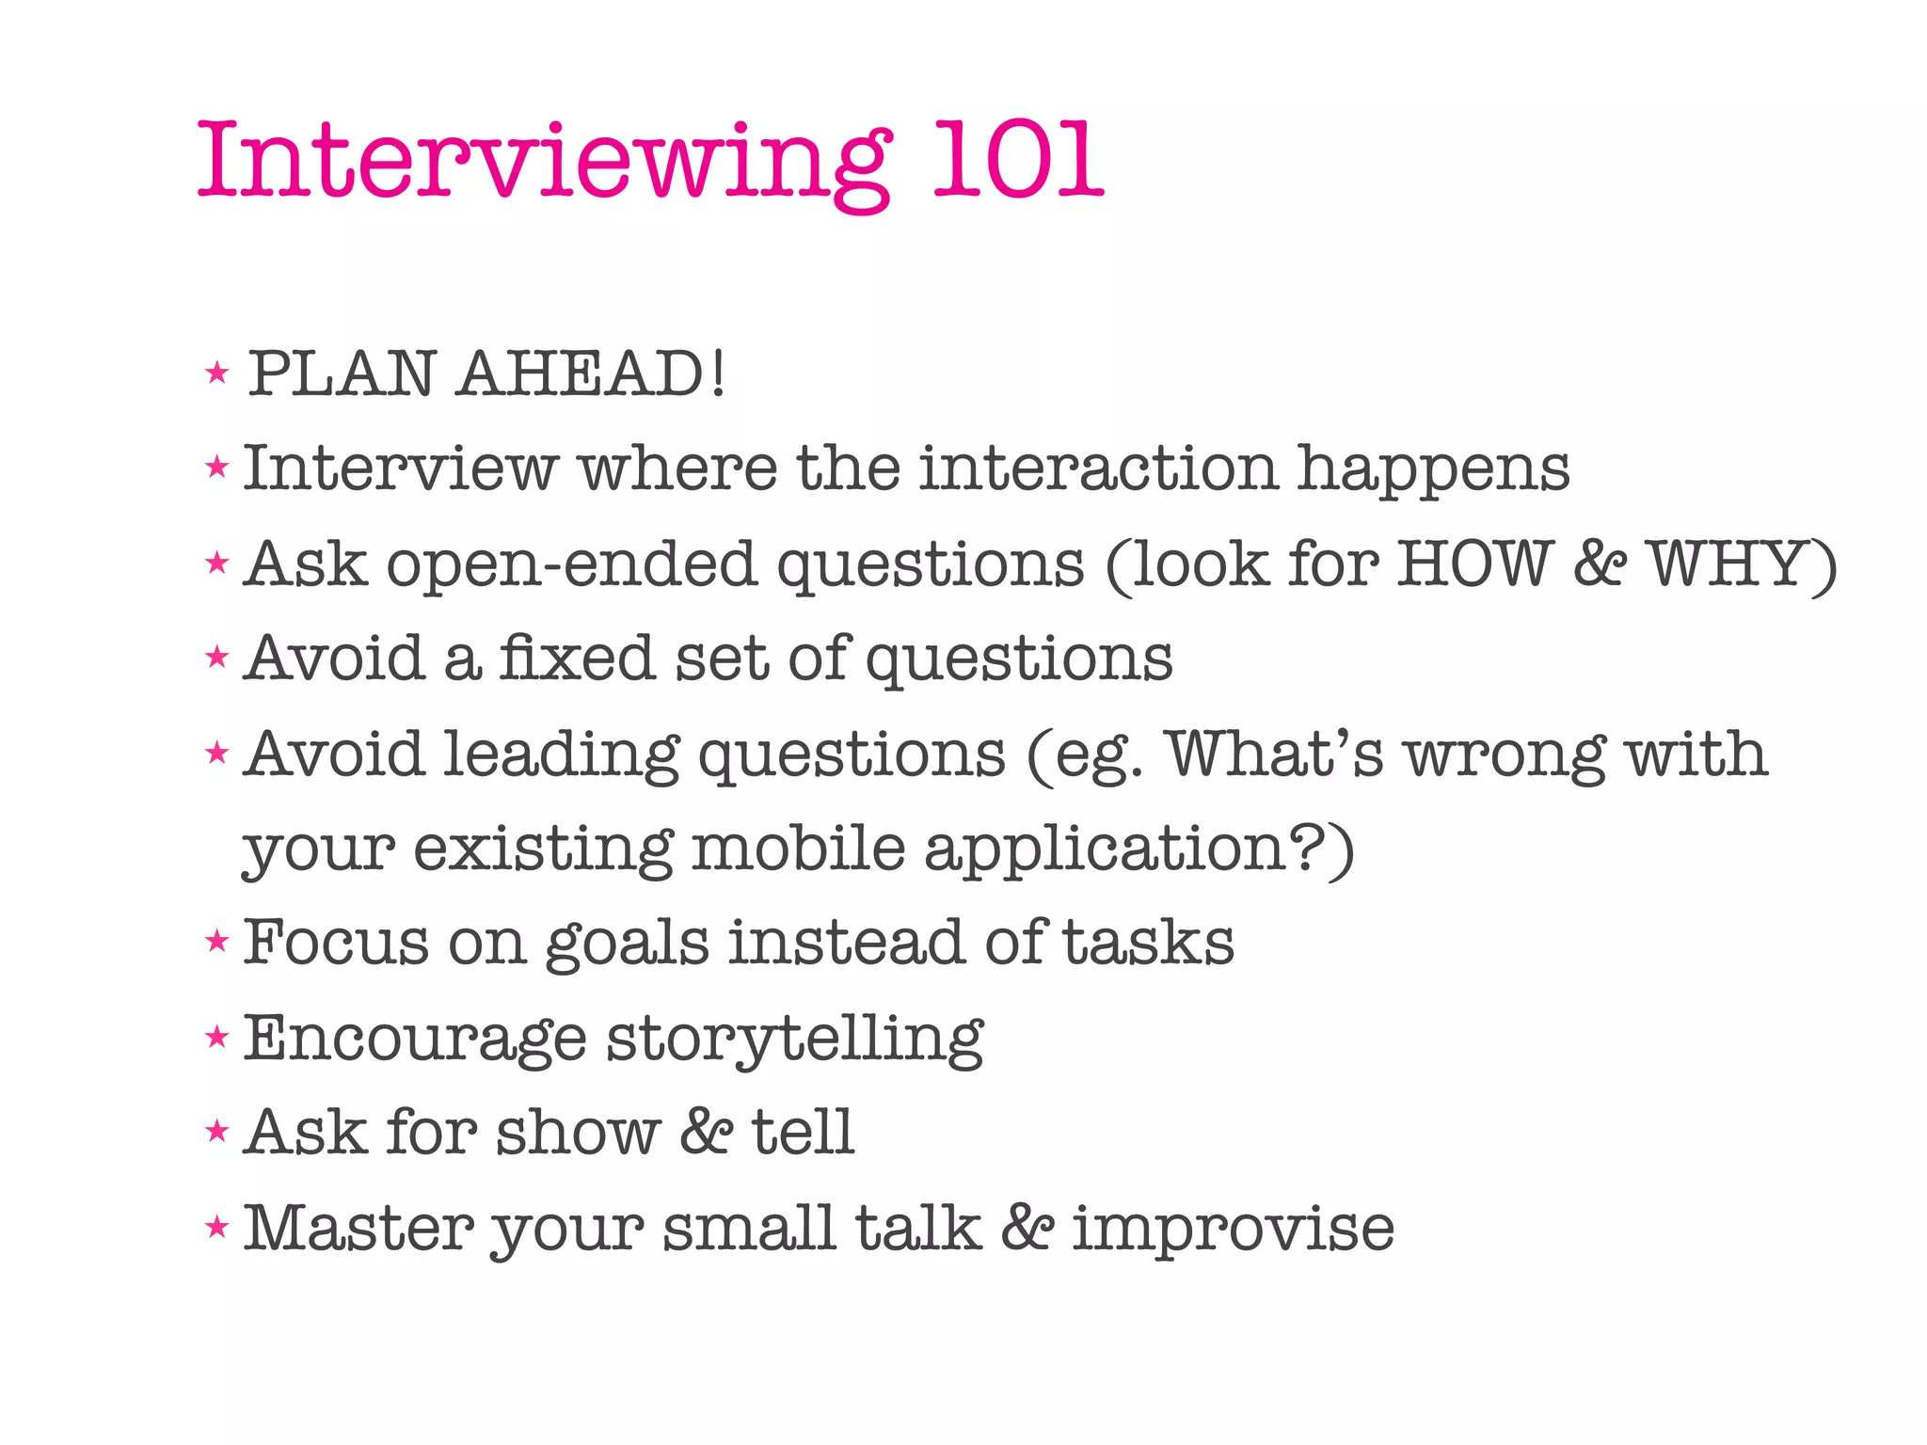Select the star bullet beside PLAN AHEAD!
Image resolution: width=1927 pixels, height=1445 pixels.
217,373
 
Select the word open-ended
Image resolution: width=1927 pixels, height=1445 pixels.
572,565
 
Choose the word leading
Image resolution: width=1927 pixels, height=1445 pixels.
561,754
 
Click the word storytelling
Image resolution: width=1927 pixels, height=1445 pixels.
794,1040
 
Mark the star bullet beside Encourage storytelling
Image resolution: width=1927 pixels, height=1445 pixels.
217,1038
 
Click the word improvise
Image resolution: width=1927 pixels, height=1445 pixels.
1234,1228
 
